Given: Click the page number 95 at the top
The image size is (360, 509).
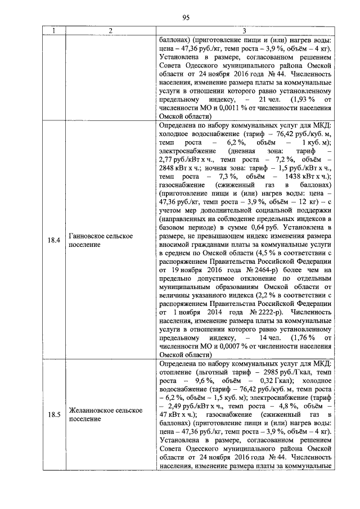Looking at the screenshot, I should [186, 17].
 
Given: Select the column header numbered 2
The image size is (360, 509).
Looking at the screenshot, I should [111, 31].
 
